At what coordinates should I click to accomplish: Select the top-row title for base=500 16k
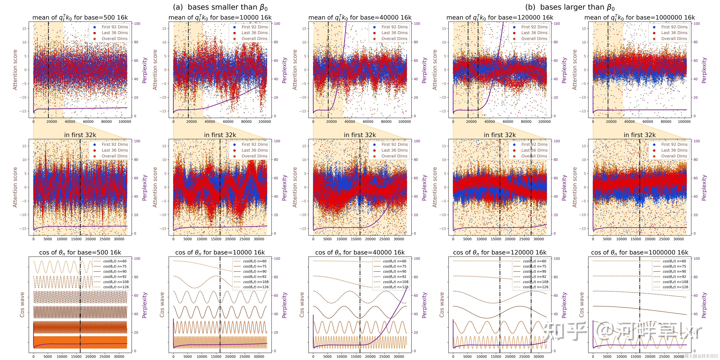tap(80, 18)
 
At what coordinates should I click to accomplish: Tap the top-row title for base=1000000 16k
tap(640, 18)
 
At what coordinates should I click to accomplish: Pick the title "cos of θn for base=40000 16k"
tap(360, 253)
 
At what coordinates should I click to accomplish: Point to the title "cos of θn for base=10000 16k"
tap(220, 253)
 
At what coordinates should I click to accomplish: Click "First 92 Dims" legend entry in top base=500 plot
tap(114, 27)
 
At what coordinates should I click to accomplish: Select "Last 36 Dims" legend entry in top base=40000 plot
tap(394, 33)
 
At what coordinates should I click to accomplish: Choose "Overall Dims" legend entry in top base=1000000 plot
tap(674, 39)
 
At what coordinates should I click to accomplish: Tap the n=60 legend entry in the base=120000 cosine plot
tap(534, 261)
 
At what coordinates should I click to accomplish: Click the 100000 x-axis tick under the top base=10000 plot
tap(265, 122)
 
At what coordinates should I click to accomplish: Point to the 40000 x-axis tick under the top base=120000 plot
tap(490, 122)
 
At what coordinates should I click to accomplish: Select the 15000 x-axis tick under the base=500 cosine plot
tap(76, 357)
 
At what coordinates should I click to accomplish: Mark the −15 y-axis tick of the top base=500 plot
tap(24, 111)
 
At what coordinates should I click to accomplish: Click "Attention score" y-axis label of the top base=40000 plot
tap(295, 70)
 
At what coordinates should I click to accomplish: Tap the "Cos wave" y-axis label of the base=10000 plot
tap(162, 305)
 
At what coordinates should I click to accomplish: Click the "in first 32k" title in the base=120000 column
tap(500, 135)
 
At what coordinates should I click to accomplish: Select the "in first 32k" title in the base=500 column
tap(80, 135)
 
